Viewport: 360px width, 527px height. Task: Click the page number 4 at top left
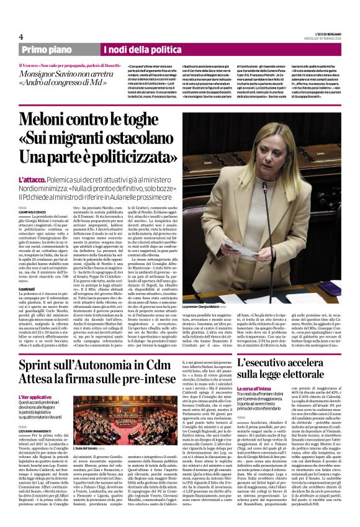tap(20, 37)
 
